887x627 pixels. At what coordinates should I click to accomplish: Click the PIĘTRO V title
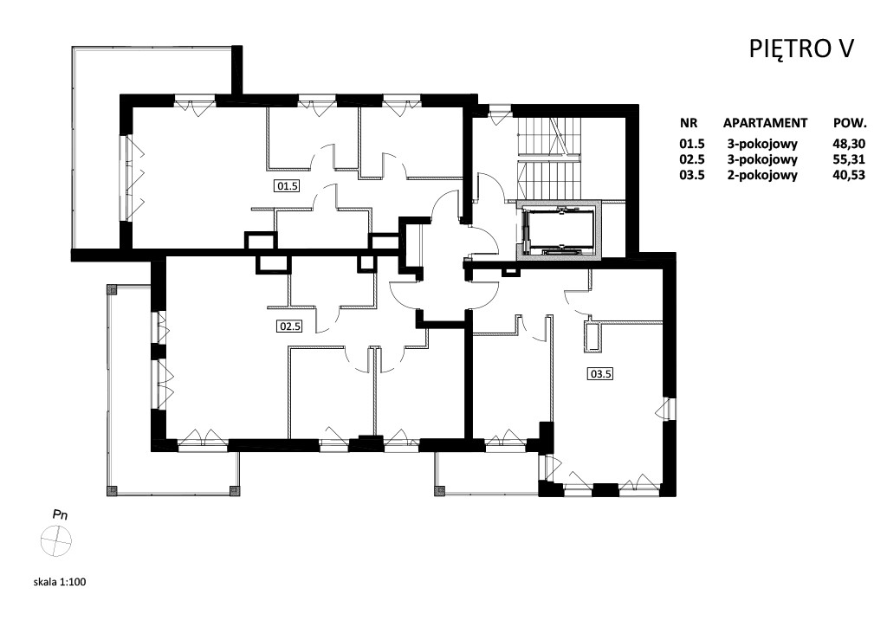[x=801, y=49]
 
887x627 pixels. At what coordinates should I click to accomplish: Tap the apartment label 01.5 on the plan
[x=287, y=185]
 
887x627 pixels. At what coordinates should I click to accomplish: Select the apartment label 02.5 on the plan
[x=289, y=326]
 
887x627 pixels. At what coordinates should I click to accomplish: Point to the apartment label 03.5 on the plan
[x=601, y=374]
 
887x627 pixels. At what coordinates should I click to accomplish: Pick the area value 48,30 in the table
[x=849, y=144]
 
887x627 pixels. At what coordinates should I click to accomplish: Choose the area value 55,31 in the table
[x=849, y=159]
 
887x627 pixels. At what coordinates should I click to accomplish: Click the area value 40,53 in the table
[x=849, y=175]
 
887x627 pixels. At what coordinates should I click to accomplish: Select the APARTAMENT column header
[x=765, y=123]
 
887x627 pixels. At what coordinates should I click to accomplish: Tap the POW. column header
[x=850, y=123]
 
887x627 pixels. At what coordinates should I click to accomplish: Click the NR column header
[x=689, y=123]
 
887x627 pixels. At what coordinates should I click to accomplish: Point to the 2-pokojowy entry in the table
[x=762, y=175]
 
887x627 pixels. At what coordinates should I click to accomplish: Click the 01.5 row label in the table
[x=692, y=144]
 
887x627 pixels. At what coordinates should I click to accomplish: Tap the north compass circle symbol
[x=56, y=541]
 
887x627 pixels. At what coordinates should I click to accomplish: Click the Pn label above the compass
[x=60, y=515]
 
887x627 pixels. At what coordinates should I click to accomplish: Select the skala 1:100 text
[x=60, y=582]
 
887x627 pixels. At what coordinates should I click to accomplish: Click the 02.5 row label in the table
[x=692, y=159]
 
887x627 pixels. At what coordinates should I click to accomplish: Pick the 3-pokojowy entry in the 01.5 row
[x=762, y=144]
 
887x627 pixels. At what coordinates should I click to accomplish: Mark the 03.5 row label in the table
[x=692, y=175]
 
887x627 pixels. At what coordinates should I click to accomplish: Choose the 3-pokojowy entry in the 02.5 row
[x=762, y=159]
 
